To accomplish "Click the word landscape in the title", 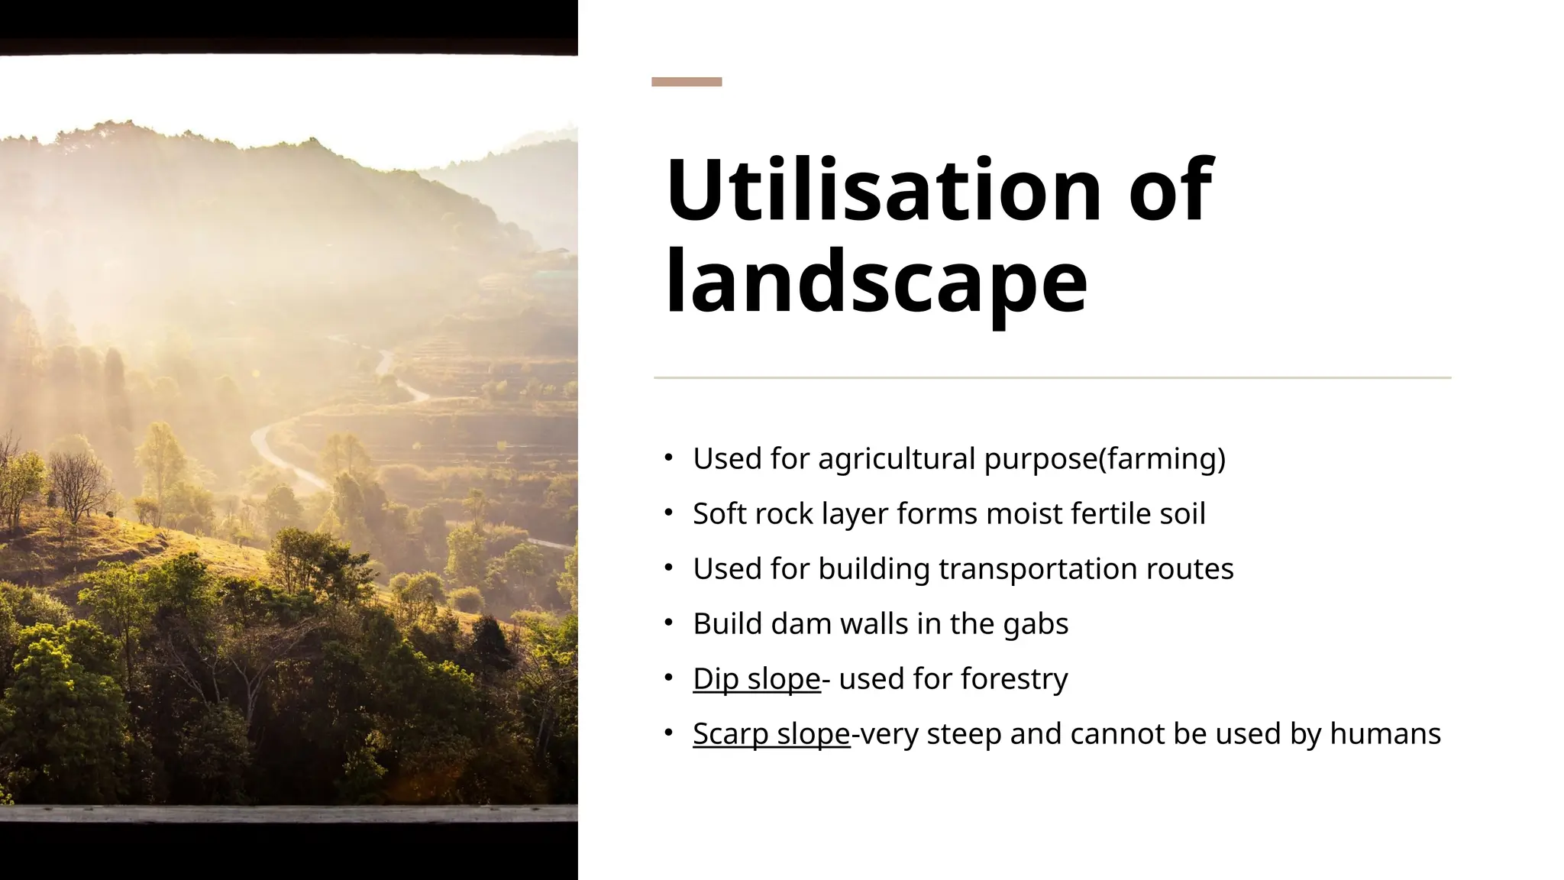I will click(x=876, y=283).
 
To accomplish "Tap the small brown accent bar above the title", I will click(x=686, y=82).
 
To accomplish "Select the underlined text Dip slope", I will click(x=756, y=678).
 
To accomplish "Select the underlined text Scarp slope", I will click(x=771, y=733).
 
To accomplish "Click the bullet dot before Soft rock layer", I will click(x=668, y=513).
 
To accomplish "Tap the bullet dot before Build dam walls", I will click(x=668, y=623).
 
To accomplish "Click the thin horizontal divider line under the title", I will click(x=1052, y=377).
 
